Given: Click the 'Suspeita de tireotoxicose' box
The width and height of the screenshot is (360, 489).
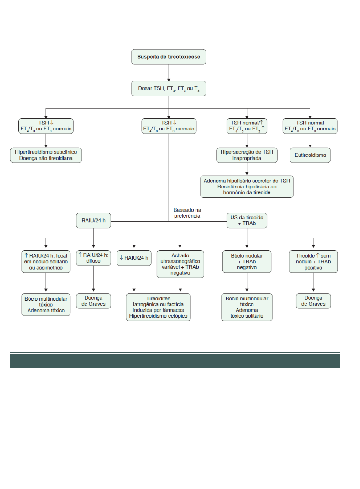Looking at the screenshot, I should coord(169,57).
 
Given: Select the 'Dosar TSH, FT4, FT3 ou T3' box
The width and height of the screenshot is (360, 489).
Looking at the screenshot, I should coord(169,89).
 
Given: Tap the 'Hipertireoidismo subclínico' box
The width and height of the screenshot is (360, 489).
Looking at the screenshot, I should coord(46,155).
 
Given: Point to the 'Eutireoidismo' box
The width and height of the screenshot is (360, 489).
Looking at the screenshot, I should coord(310,155).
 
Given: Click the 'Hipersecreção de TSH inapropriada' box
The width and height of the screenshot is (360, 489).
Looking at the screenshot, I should coord(247,155).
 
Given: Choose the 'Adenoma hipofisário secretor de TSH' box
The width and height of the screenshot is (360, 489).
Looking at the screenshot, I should coord(247,187).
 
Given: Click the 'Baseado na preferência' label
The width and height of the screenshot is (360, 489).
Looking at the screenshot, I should coord(187,213).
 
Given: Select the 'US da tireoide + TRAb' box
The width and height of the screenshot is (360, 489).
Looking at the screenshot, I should coord(247,220).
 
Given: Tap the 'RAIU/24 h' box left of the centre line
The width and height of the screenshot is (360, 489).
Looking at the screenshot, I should coord(93,221).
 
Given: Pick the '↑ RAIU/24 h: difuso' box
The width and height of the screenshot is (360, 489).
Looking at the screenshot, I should coord(93,258).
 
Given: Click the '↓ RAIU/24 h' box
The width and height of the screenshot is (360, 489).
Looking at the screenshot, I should coord(134,258).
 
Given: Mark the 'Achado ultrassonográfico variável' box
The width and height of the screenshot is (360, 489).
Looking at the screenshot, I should coord(180,264).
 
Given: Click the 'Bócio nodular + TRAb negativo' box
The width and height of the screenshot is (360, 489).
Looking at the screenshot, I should coord(247,261).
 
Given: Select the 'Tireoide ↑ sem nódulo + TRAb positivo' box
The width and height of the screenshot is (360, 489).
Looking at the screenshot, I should coord(313,261).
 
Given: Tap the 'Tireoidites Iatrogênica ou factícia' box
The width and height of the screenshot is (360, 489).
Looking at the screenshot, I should coord(158,307).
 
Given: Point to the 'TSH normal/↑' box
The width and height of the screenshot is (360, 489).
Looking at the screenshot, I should coord(247,126).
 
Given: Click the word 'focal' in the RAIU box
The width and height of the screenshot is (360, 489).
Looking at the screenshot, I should coord(61,256).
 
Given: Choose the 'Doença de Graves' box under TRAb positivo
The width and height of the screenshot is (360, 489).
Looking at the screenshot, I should coord(313,301).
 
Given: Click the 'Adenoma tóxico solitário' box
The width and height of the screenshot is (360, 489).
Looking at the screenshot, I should coord(247,307).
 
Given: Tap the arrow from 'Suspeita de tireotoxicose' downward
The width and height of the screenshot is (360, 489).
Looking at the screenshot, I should coord(169,73).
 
